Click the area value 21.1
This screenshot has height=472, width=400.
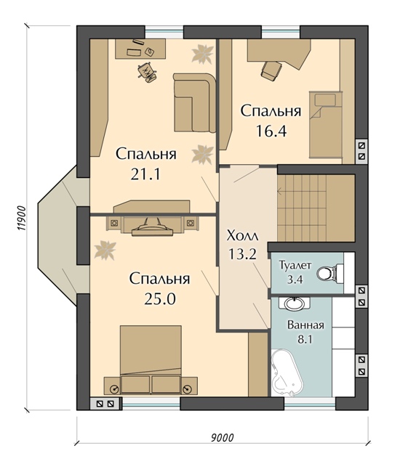[145, 174]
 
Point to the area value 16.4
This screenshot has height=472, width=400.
[271, 131]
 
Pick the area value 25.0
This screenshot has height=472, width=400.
[160, 298]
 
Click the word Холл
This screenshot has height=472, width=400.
[242, 236]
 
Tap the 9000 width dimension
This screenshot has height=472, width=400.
[222, 437]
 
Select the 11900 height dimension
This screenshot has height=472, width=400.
[21, 219]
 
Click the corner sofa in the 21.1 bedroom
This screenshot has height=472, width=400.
[194, 102]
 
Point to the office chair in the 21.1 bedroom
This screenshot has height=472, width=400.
[148, 72]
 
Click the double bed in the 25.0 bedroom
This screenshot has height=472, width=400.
[151, 359]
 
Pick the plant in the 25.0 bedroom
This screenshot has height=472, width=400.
[105, 250]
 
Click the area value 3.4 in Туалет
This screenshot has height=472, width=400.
[295, 280]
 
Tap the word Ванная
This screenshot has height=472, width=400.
[305, 325]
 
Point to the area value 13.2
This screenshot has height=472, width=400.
[242, 253]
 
